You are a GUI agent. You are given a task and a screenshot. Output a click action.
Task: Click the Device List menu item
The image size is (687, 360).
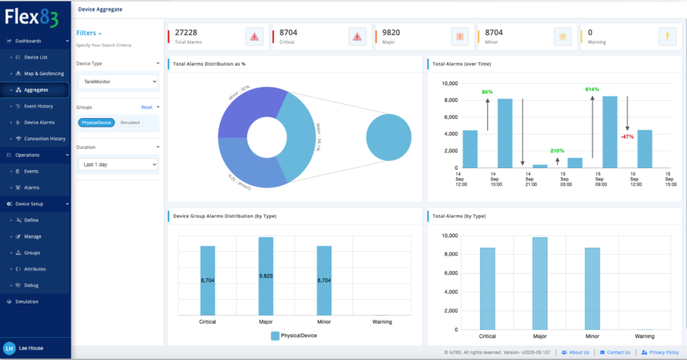[x=36, y=57]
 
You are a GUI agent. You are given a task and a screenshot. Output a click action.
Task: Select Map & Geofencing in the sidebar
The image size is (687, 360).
[x=44, y=74]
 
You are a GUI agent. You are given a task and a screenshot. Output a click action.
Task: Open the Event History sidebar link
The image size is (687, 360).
[x=40, y=106]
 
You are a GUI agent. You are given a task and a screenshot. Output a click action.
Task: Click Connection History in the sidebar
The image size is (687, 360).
[x=44, y=138]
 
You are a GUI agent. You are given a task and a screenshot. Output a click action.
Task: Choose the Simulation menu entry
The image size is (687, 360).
[x=26, y=301]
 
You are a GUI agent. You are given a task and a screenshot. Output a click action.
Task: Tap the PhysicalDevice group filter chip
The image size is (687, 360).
[x=96, y=122]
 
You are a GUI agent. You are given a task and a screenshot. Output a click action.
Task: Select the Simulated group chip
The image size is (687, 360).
[x=130, y=122]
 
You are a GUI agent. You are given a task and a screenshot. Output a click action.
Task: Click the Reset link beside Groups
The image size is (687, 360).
[x=146, y=107]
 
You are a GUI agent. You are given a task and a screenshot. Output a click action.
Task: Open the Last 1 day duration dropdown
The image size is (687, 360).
[x=118, y=165]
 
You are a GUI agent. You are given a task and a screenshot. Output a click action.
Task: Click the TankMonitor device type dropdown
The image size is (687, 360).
[x=118, y=82]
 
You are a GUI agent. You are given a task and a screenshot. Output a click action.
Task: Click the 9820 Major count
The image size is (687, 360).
[x=391, y=32]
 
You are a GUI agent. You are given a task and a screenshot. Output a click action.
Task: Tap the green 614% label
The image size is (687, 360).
[x=592, y=89]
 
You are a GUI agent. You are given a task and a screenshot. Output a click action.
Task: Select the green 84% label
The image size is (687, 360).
[x=487, y=92]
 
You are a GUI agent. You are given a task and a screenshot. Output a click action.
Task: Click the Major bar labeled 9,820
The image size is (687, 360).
[x=265, y=275]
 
